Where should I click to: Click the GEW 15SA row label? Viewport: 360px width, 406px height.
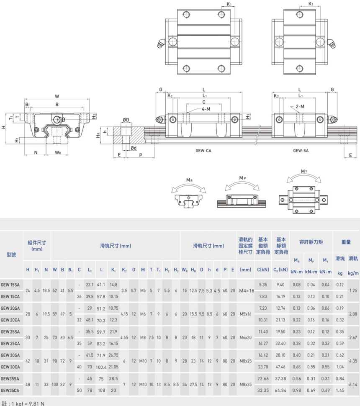click(10, 285)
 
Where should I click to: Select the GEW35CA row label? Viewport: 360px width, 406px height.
click(10, 391)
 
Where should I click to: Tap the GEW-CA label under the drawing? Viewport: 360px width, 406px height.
click(203, 151)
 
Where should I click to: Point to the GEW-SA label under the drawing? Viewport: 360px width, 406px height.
click(301, 151)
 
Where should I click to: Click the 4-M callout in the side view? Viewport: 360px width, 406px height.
click(206, 109)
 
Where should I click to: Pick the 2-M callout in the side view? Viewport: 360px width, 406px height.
click(300, 106)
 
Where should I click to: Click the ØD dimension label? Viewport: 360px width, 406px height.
click(126, 120)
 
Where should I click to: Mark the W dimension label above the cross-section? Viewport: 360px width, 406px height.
click(57, 96)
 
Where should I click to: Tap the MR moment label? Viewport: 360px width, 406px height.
click(189, 180)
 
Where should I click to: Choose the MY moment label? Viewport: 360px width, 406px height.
click(304, 171)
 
